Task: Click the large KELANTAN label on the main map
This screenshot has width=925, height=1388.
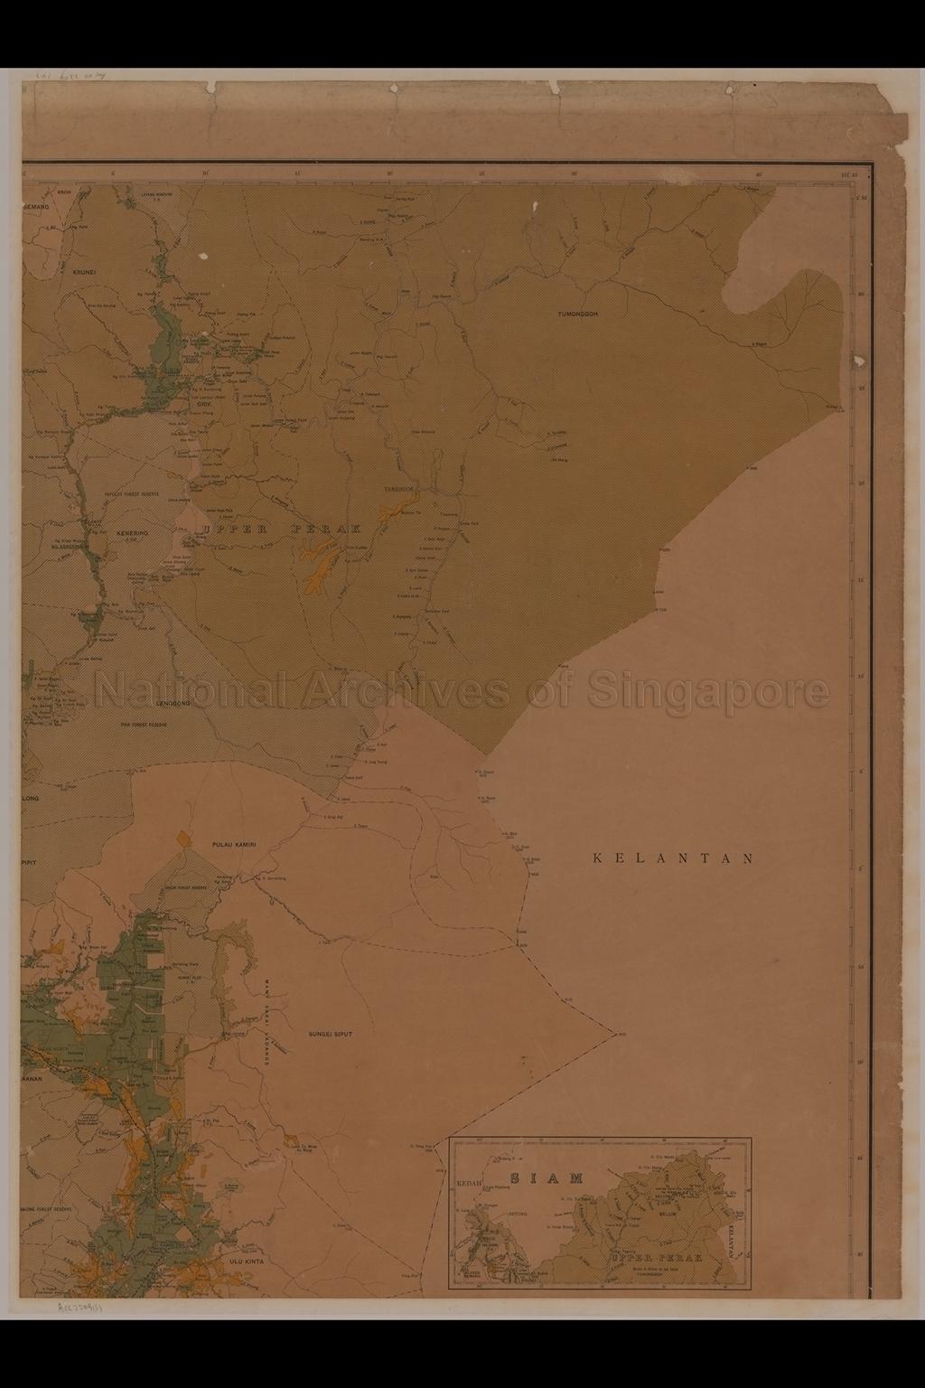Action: pos(673,858)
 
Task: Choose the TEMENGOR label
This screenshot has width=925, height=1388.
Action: pos(397,488)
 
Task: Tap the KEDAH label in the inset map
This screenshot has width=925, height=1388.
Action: pos(471,1182)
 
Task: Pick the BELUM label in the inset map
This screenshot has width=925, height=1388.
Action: pos(668,1216)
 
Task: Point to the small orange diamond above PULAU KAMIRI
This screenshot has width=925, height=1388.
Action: pos(184,838)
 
